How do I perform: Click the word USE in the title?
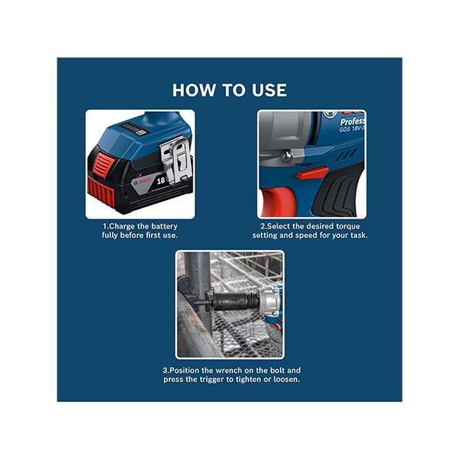(x=269, y=90)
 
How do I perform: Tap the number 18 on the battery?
(x=161, y=181)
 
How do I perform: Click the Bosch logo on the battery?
(x=143, y=182)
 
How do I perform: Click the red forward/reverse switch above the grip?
(x=311, y=172)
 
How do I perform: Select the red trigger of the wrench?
(x=277, y=202)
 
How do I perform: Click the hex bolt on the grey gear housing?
(x=287, y=155)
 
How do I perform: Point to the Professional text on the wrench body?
(x=353, y=121)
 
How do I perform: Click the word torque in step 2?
(x=348, y=226)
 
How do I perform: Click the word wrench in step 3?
(x=228, y=370)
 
